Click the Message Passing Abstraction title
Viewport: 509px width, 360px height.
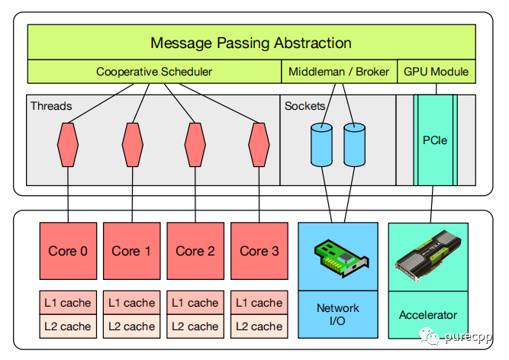pos(251,43)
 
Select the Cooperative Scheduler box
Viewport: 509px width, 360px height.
pos(154,72)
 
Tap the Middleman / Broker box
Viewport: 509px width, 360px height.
pos(338,72)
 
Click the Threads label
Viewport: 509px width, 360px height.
pos(51,105)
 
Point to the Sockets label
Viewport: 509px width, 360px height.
pos(304,105)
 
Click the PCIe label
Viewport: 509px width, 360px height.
pos(434,141)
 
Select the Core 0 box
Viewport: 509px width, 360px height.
pos(68,250)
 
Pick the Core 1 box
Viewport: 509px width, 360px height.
pos(131,250)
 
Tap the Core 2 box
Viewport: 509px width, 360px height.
pos(195,250)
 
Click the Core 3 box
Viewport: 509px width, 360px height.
pos(259,250)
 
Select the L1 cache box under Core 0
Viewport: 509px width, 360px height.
pos(68,303)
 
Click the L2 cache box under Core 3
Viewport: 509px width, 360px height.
pos(259,326)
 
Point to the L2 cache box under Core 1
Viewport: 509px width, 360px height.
pos(131,326)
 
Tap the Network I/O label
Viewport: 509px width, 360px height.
pos(337,315)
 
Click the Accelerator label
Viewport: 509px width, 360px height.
pos(428,314)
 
